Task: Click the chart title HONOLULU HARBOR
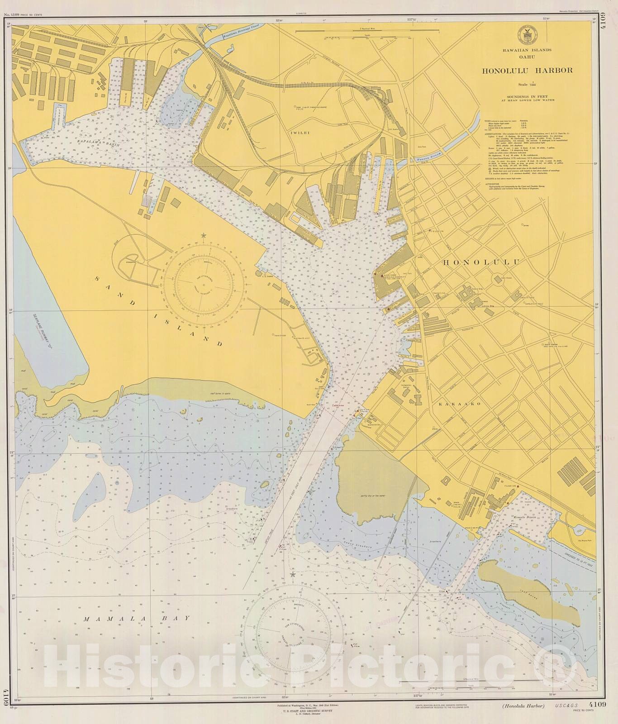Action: [x=527, y=70]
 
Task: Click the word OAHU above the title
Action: [x=527, y=57]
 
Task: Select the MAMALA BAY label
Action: [x=136, y=618]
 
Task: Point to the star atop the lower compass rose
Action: [x=292, y=574]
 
